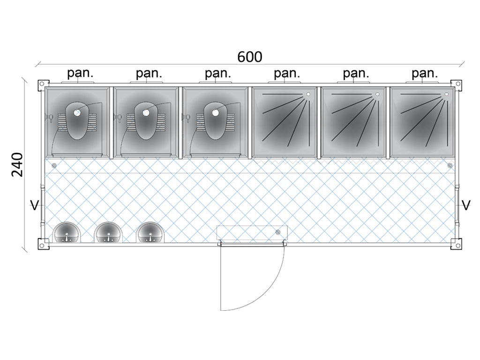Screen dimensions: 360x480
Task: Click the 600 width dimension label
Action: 250,57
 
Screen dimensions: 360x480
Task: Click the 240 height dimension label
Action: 17,164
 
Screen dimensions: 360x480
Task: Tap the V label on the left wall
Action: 33,205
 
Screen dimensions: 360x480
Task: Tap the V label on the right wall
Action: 466,205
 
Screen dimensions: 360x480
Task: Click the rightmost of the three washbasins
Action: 150,232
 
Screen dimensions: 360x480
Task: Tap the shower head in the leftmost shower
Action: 308,95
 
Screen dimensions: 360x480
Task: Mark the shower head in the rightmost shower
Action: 446,95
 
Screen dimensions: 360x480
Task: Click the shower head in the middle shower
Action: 377,95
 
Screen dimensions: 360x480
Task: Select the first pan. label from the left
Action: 80,73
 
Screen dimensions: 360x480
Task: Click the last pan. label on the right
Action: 425,73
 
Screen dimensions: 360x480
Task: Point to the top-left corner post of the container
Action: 42,83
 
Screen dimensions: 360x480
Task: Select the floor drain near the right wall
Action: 450,165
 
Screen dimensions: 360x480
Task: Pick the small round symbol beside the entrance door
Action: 278,232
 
